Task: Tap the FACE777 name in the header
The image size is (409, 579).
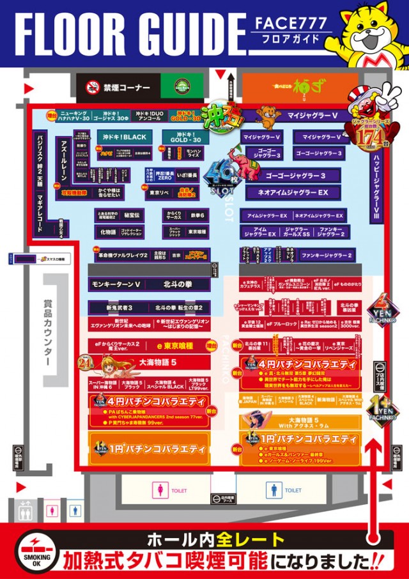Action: [293, 24]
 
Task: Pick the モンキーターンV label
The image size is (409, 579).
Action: [116, 284]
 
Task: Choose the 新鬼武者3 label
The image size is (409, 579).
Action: [116, 307]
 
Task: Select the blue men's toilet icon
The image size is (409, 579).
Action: [274, 490]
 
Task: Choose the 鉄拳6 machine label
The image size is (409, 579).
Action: [196, 215]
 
